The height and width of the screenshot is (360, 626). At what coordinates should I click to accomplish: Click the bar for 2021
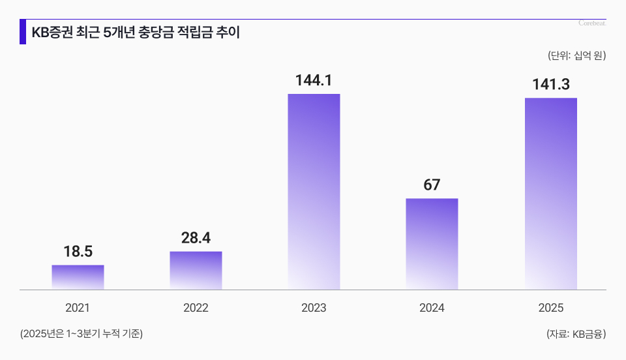[x=78, y=277]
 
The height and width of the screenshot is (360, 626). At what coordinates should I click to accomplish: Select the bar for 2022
[x=196, y=271]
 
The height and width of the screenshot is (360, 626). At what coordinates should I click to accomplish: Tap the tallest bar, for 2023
[x=314, y=192]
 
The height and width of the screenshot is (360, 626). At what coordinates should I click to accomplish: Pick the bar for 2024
[x=432, y=244]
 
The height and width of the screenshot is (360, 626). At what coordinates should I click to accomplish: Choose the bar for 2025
[x=550, y=194]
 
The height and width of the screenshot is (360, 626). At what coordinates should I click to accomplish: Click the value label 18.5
[x=78, y=252]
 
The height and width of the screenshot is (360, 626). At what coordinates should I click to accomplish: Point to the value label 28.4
[x=196, y=238]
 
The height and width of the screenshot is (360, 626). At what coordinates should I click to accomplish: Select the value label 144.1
[x=314, y=81]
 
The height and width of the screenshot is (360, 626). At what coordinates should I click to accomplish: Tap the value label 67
[x=432, y=185]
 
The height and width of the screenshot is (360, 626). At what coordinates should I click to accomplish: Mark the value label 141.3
[x=550, y=85]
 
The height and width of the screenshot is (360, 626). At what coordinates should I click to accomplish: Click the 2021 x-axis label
[x=78, y=308]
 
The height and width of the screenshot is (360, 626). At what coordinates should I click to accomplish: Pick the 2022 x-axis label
[x=196, y=308]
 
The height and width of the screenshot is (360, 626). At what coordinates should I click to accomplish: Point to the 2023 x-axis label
[x=314, y=308]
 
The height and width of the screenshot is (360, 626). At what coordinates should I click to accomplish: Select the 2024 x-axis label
[x=432, y=308]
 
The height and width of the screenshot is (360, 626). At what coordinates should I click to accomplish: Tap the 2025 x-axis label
[x=550, y=308]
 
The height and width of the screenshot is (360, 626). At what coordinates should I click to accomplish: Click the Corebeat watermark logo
[x=592, y=23]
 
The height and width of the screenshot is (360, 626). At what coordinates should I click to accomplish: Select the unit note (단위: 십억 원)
[x=576, y=55]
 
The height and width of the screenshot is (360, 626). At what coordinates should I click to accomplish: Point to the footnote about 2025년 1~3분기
[x=82, y=334]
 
